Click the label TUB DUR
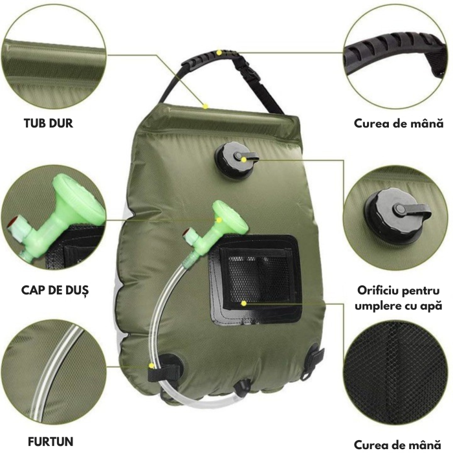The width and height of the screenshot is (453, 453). tap(49, 123)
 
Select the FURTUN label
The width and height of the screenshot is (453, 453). tap(50, 442)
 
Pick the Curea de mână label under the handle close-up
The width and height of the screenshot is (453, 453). tap(399, 123)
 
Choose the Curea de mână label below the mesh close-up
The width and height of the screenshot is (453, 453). tap(399, 445)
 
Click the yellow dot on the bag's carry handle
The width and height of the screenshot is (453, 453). tap(219, 52)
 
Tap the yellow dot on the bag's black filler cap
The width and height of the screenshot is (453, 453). tap(243, 157)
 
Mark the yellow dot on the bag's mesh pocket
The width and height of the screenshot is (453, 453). tap(243, 302)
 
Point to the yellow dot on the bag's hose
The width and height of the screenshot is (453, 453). tap(151, 366)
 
